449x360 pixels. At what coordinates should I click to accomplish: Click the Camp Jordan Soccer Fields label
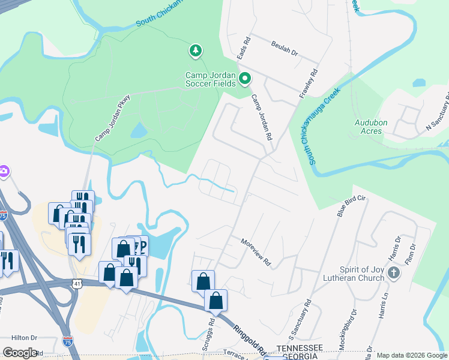(210, 80)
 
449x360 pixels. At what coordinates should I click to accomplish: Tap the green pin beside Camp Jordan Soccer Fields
(245, 79)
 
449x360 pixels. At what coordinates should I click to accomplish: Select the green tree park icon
(195, 51)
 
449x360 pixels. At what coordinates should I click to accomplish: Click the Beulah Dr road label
(284, 48)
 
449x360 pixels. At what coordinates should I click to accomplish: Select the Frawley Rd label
(309, 83)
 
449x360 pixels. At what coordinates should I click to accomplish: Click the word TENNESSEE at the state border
(299, 349)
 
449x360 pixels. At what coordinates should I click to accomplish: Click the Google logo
(20, 353)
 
